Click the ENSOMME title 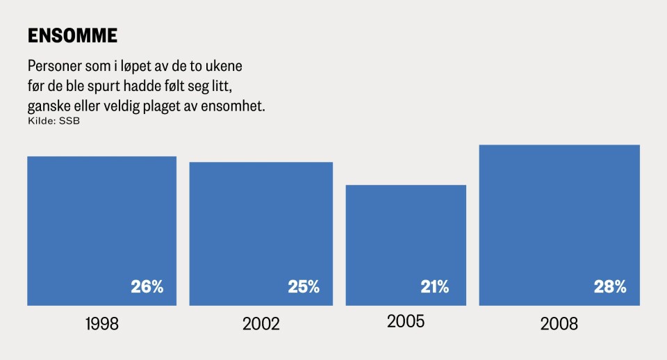click(72, 35)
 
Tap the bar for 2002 click(261, 234)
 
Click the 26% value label click(147, 286)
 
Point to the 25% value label click(304, 286)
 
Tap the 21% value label click(435, 286)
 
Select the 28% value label click(610, 286)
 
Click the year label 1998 click(101, 324)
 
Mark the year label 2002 click(261, 324)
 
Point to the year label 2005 click(406, 322)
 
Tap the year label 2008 click(559, 324)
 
